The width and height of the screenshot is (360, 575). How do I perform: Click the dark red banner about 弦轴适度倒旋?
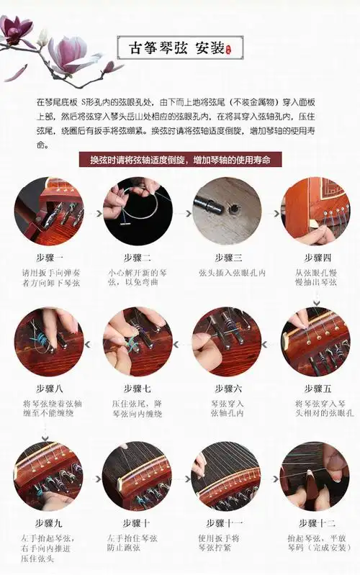[180, 160]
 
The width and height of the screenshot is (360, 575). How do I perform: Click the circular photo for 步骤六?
[226, 342]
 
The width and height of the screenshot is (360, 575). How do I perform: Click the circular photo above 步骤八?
[49, 342]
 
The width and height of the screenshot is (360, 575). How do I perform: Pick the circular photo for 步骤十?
[138, 476]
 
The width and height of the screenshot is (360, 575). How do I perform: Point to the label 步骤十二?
[314, 522]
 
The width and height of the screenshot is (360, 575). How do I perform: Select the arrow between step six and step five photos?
[270, 344]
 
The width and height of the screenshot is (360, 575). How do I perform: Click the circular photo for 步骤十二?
[314, 476]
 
